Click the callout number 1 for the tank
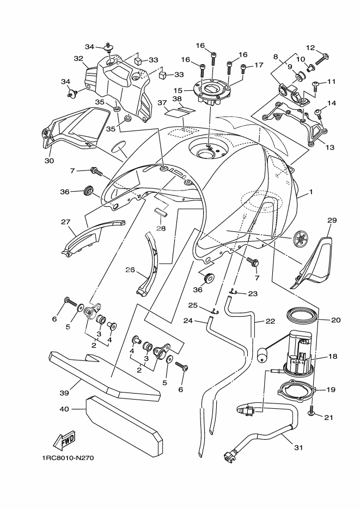pos(311,192)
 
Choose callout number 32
pos(78,58)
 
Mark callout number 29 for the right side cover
pos(332,220)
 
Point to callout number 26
pos(130,269)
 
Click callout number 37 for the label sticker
pos(162,102)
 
